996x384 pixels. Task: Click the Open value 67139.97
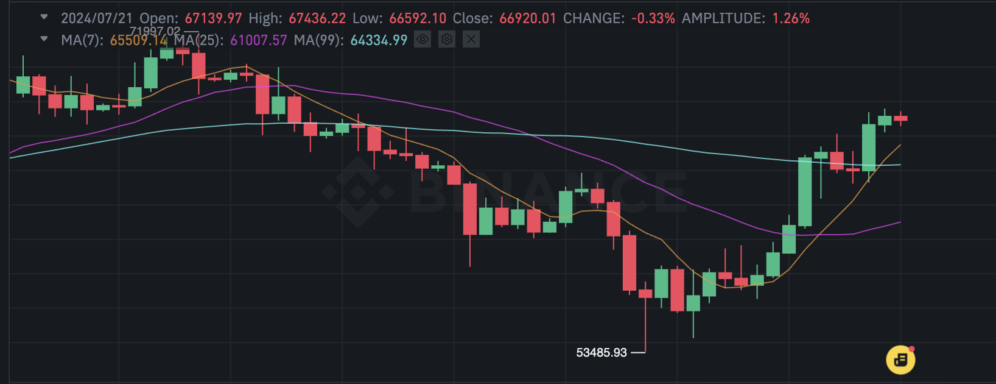coord(214,18)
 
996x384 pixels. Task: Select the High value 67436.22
coord(317,18)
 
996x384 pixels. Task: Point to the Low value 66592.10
coord(418,18)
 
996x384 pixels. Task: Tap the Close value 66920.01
coord(528,18)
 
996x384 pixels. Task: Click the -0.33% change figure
coord(653,18)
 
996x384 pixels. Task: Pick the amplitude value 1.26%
coord(791,18)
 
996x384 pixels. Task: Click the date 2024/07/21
coord(97,18)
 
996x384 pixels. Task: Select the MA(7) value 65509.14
coord(139,40)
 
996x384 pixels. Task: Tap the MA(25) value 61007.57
coord(259,40)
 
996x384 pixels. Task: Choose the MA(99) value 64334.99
coord(379,40)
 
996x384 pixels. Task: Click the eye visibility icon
coord(423,39)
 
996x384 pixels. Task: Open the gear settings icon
coord(447,39)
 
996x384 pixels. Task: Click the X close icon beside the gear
coord(471,39)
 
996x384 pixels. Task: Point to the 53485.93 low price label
coord(601,352)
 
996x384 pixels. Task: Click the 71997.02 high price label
coord(155,31)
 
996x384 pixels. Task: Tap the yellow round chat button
coord(900,360)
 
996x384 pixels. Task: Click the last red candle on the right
coord(900,118)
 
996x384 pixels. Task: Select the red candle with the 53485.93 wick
coord(645,294)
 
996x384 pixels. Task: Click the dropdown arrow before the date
coord(44,17)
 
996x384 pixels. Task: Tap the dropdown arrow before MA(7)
coord(44,39)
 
